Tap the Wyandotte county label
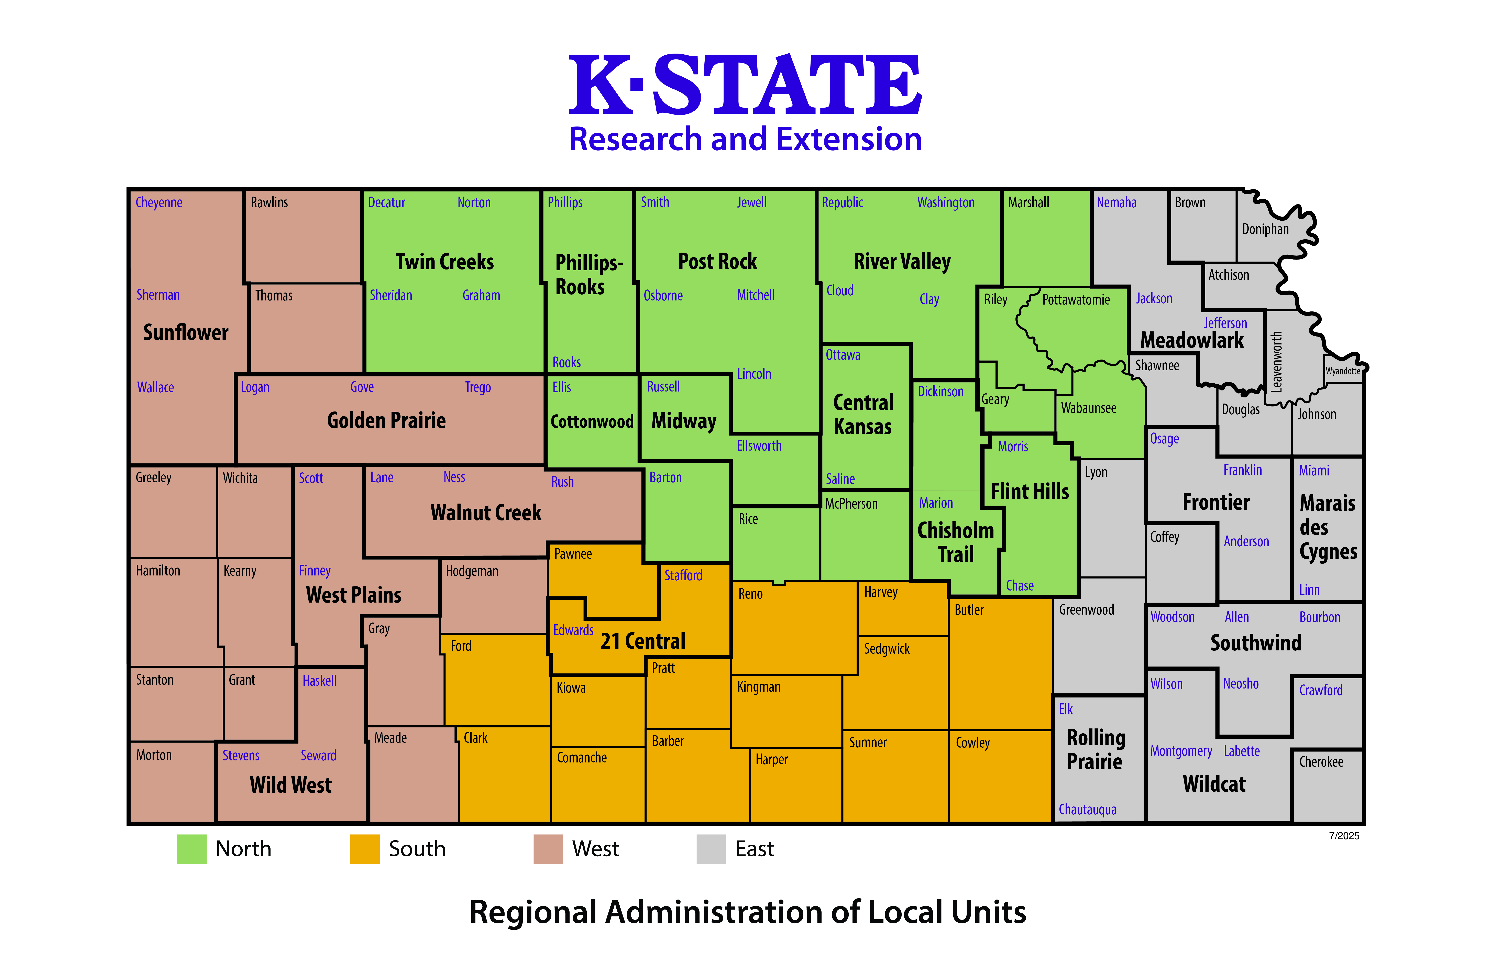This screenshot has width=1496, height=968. click(1343, 371)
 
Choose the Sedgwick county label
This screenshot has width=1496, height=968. click(886, 649)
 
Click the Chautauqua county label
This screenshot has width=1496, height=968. click(1087, 810)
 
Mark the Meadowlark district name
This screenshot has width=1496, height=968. click(1192, 340)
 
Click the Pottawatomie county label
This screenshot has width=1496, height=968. click(1076, 300)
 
